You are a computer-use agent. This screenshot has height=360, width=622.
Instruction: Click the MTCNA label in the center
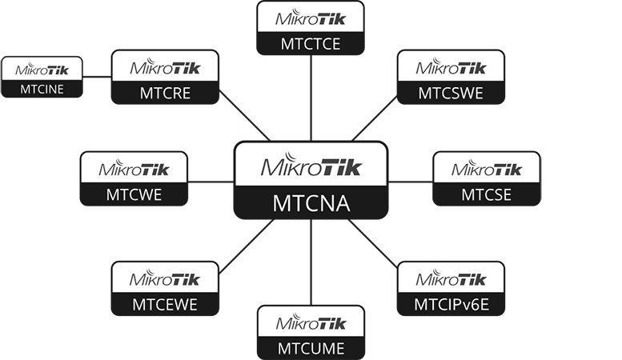tap(311, 202)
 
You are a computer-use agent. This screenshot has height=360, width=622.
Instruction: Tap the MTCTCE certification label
tap(311, 44)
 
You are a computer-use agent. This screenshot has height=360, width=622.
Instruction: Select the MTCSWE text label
tap(451, 93)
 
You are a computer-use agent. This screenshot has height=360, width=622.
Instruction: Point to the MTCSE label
tap(486, 194)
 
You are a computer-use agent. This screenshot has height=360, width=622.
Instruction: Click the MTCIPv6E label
tap(451, 304)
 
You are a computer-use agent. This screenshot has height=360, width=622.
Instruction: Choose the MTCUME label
tap(311, 348)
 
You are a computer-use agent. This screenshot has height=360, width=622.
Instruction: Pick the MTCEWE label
tap(165, 305)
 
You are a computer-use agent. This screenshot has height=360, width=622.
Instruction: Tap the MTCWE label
tap(134, 194)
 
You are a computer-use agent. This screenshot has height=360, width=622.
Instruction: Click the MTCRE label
tap(165, 93)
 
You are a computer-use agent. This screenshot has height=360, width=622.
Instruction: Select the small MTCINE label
tap(42, 89)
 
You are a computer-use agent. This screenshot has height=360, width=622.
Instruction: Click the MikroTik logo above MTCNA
tap(311, 166)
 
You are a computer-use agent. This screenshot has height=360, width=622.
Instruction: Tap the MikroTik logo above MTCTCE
tap(311, 17)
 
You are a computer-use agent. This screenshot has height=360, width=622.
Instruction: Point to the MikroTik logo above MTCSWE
tap(451, 66)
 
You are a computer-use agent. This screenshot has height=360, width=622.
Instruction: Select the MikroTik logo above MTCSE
tap(486, 168)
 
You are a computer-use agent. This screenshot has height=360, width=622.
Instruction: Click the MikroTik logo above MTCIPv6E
tap(451, 278)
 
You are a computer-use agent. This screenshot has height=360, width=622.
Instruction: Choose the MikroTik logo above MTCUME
tap(311, 322)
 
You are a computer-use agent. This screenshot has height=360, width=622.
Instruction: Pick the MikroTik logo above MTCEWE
tap(165, 278)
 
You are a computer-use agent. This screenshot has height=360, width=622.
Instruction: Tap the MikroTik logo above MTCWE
tap(134, 168)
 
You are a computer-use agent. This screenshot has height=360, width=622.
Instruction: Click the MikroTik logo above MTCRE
tap(165, 66)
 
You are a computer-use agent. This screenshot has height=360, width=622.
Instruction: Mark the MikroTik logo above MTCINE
tap(42, 69)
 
